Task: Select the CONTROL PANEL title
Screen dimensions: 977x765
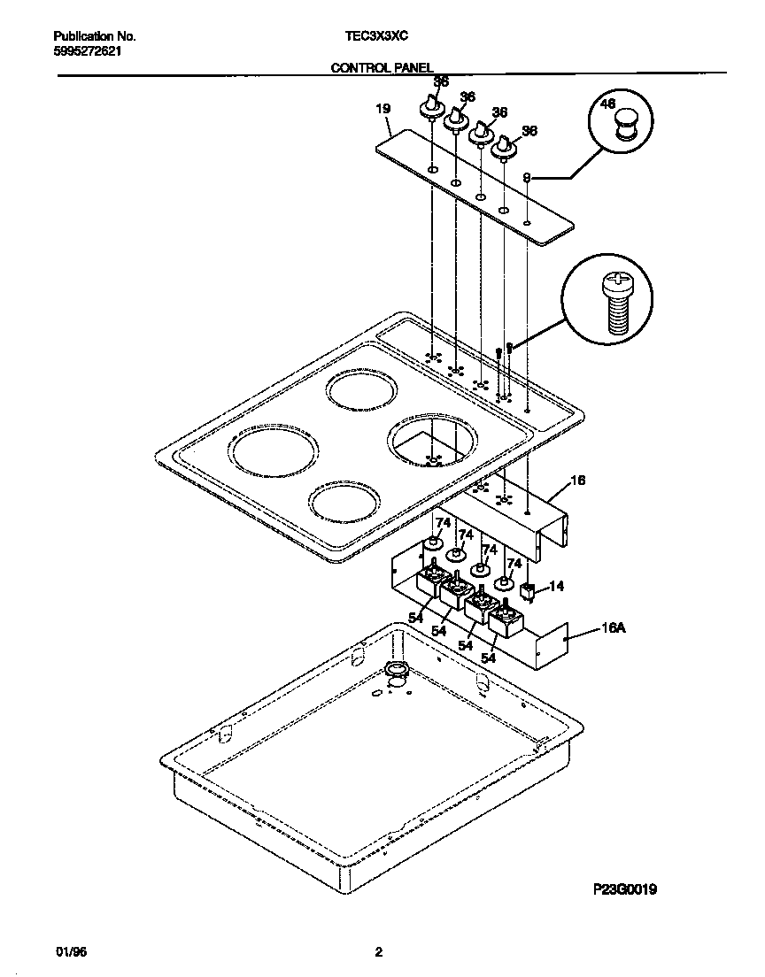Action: click(x=382, y=66)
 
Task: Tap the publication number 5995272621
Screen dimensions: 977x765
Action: click(x=88, y=50)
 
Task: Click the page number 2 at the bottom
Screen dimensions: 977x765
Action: click(x=378, y=952)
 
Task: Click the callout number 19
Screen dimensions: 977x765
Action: click(x=382, y=109)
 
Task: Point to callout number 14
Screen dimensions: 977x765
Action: click(x=556, y=586)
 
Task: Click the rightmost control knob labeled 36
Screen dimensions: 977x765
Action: click(x=505, y=149)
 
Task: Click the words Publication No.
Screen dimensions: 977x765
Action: click(x=94, y=36)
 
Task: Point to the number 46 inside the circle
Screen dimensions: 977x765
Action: click(x=607, y=104)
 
